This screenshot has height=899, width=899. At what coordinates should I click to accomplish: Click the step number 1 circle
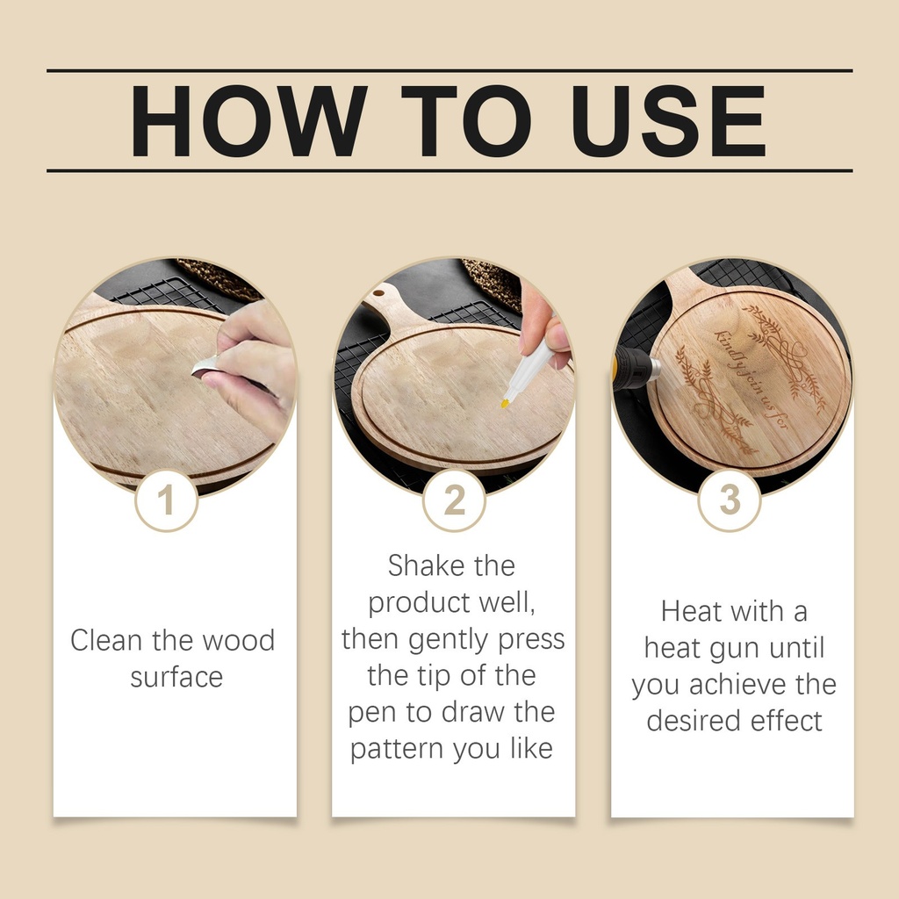[x=166, y=500]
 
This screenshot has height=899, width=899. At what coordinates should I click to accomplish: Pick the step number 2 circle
[x=454, y=500]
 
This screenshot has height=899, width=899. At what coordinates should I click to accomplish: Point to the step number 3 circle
[x=730, y=500]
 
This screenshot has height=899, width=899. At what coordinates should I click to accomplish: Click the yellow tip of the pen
[x=505, y=403]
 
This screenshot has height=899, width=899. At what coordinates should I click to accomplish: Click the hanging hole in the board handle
[x=378, y=293]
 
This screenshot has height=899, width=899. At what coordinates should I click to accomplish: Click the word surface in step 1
[x=176, y=677]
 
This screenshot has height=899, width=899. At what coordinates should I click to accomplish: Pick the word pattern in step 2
[x=397, y=749]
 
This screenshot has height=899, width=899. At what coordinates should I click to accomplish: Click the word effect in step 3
[x=787, y=721]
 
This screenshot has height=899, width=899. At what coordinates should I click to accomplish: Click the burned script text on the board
[x=752, y=378]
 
